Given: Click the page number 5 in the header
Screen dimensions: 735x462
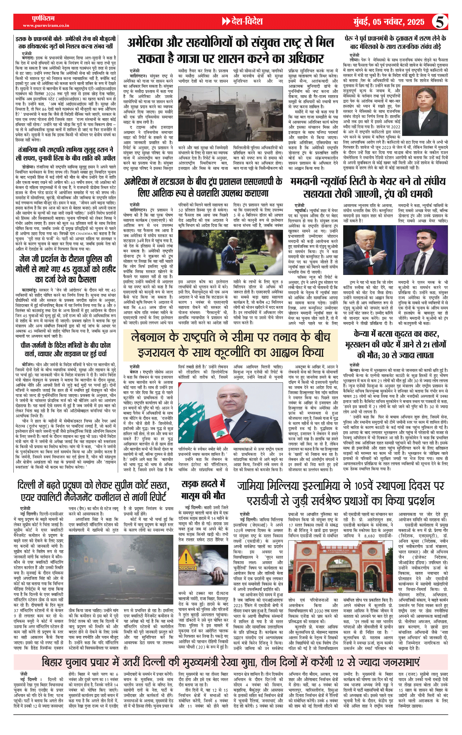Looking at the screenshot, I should [x=440, y=22].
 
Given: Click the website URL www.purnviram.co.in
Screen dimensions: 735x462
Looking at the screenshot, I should [x=46, y=25].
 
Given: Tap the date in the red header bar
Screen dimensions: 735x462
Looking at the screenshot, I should [x=389, y=22].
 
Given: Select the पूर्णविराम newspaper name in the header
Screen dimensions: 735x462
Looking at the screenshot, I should [x=43, y=18].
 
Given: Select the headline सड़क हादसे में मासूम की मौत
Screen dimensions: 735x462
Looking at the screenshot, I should [x=203, y=490].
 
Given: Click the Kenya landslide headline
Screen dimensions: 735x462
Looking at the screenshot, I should [x=395, y=345].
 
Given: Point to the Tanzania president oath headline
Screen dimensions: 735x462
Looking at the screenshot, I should [x=65, y=153].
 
